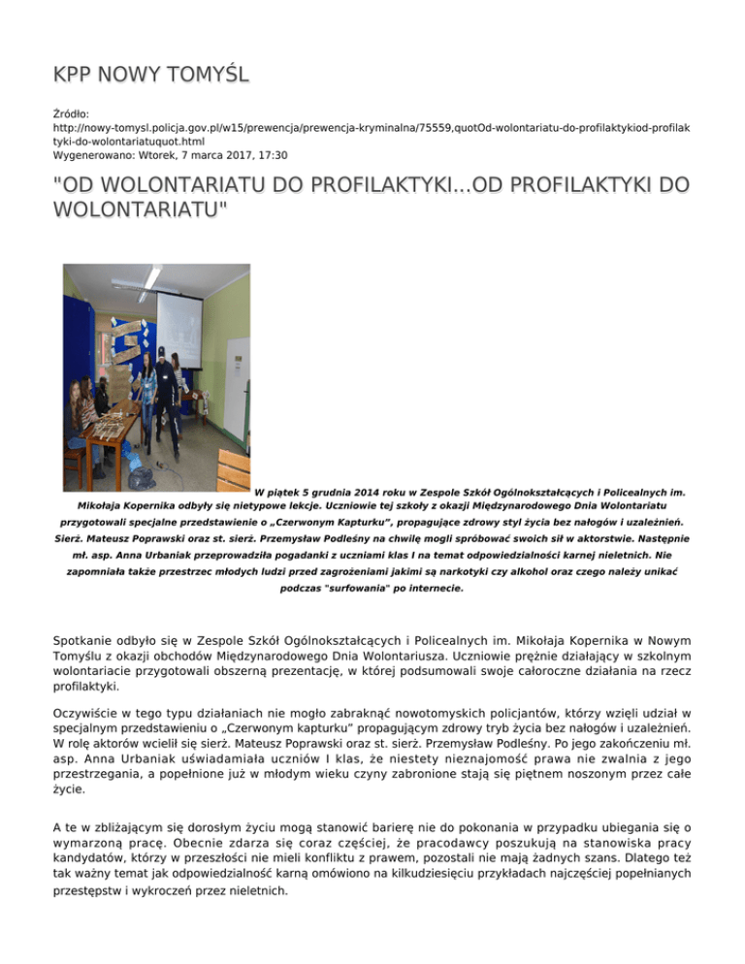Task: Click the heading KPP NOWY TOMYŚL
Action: (x=151, y=75)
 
